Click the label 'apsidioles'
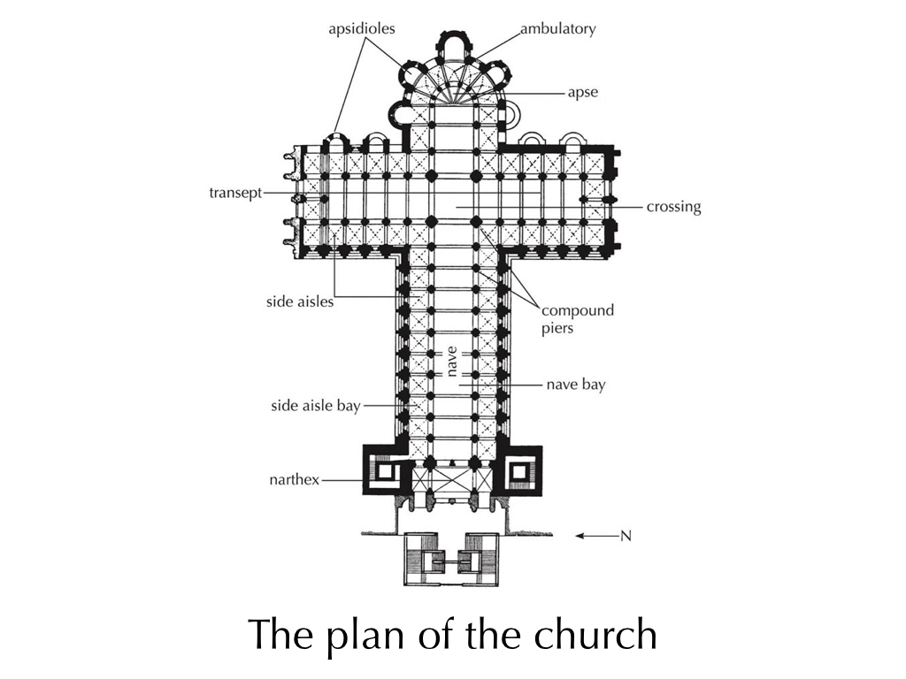click(x=362, y=29)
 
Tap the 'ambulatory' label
click(x=558, y=29)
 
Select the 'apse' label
click(x=582, y=93)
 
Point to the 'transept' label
click(x=235, y=193)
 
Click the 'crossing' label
click(x=673, y=207)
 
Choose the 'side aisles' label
click(x=300, y=301)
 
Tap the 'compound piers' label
click(x=577, y=319)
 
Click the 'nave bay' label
click(x=576, y=385)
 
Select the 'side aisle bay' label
click(x=316, y=406)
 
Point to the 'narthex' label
click(x=294, y=480)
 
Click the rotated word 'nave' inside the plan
click(x=452, y=362)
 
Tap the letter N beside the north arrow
click(x=626, y=536)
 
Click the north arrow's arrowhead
click(x=579, y=536)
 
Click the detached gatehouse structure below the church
click(x=451, y=560)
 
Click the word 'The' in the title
click(x=281, y=634)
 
